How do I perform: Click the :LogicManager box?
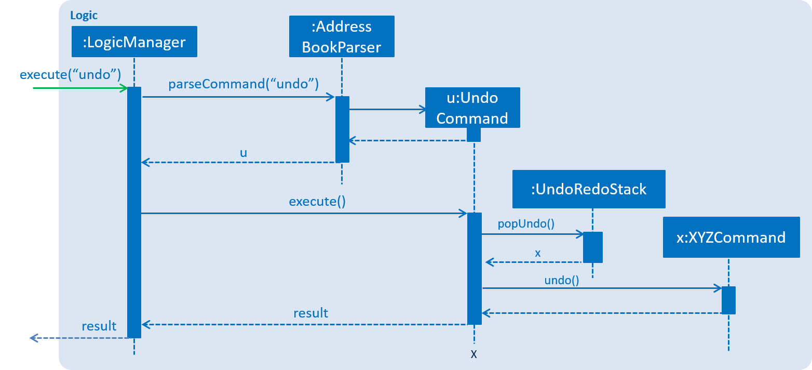[x=134, y=42]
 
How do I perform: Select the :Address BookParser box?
[x=342, y=36]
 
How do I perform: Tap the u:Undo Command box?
[x=472, y=108]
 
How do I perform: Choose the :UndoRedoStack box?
[x=588, y=189]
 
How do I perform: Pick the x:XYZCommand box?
[x=731, y=237]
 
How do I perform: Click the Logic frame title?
[x=84, y=16]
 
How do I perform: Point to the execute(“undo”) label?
[x=70, y=75]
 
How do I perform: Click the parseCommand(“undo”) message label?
[x=243, y=84]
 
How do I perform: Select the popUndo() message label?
[x=526, y=224]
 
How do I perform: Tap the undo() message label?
[x=561, y=281]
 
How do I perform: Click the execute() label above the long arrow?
[x=317, y=202]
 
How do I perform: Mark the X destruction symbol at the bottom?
[x=473, y=355]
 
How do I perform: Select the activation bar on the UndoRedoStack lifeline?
[x=592, y=247]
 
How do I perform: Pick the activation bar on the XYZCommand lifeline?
[x=728, y=300]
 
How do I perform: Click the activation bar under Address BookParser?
[x=342, y=129]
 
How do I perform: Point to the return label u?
[x=243, y=153]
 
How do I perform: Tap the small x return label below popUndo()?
[x=537, y=253]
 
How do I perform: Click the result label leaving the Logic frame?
[x=99, y=326]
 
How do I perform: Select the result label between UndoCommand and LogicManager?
[x=310, y=313]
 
